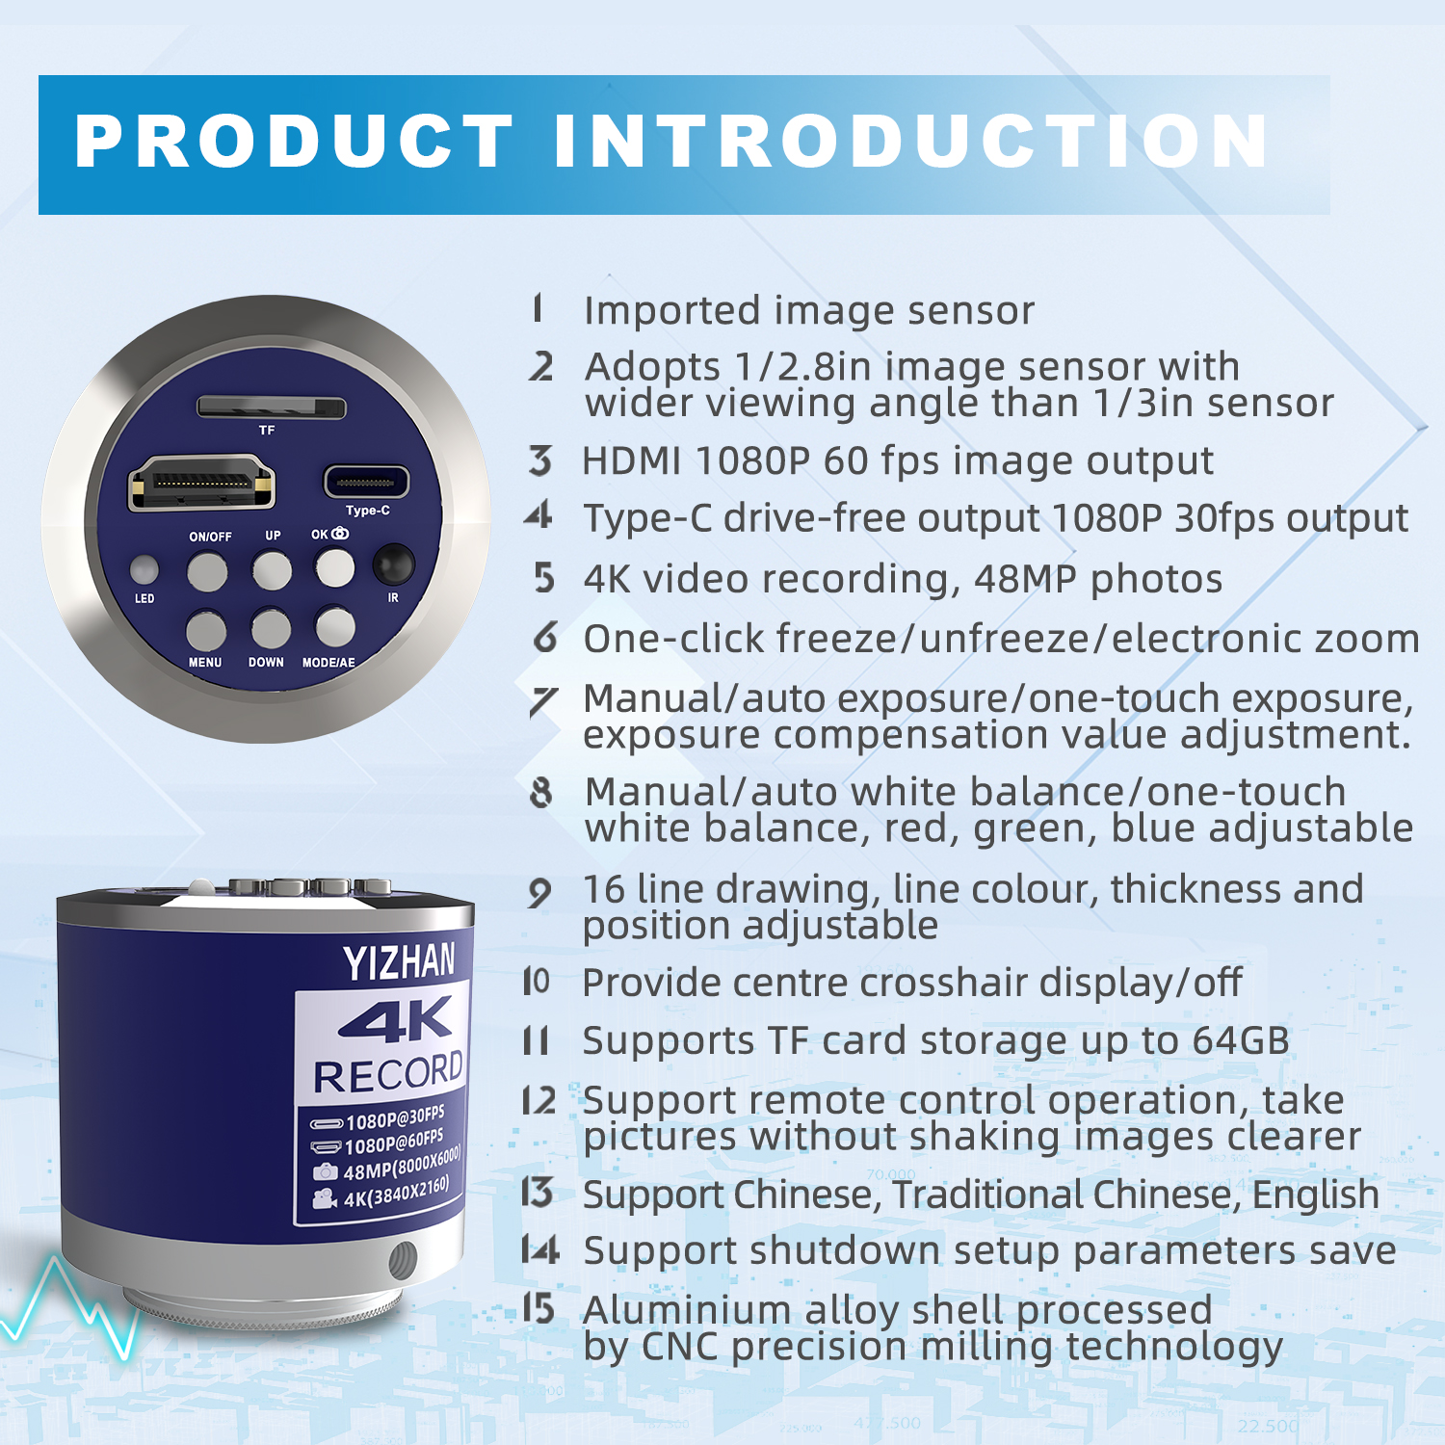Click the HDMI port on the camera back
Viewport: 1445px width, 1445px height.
pos(201,483)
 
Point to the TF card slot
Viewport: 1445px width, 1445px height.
pos(271,407)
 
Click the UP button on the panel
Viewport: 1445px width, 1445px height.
pos(272,570)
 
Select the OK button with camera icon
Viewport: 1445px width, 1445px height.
pos(335,566)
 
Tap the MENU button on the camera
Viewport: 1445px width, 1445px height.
pos(206,630)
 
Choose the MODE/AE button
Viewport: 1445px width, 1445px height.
pos(335,626)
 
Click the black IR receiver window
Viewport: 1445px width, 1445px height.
pos(393,565)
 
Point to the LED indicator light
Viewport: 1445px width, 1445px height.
pos(144,570)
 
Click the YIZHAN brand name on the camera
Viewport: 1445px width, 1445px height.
pos(399,962)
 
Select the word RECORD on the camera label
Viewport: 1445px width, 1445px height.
pos(389,1074)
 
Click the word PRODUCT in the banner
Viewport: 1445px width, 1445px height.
pos(295,142)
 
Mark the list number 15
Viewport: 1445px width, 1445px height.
pos(539,1308)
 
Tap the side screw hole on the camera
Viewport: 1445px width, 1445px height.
pos(402,1258)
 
